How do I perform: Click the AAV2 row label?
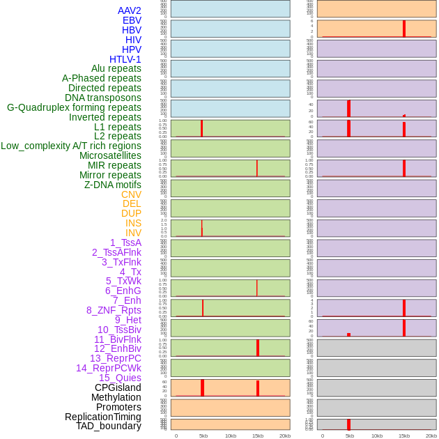(x=129, y=10)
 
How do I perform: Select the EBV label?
(x=132, y=20)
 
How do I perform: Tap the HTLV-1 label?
(x=125, y=59)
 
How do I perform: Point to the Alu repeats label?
(x=116, y=68)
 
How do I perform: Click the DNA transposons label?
(x=103, y=98)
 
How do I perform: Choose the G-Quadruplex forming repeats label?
(x=74, y=107)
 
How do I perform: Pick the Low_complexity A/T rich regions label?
(x=71, y=146)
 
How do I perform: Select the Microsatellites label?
(x=110, y=155)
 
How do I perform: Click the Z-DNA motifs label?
(x=113, y=185)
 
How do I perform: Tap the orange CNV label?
(x=131, y=194)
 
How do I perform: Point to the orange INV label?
(x=133, y=233)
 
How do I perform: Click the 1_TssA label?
(x=125, y=242)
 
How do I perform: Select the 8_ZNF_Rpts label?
(x=114, y=310)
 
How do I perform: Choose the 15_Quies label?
(x=120, y=378)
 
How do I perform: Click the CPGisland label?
(x=118, y=387)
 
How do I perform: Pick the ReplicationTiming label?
(x=102, y=417)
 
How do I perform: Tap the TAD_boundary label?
(x=109, y=426)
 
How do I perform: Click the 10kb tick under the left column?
(x=231, y=436)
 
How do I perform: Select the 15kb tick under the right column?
(x=404, y=436)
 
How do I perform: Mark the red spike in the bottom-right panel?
(x=348, y=424)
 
